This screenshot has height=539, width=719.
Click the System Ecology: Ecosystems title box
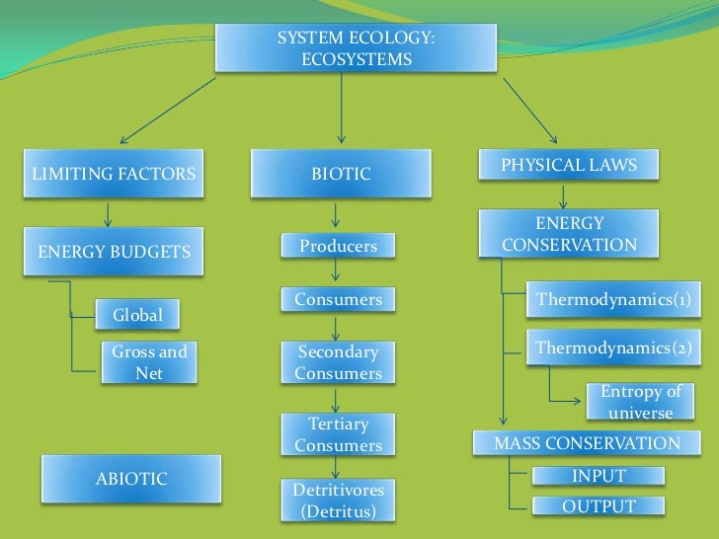(342, 48)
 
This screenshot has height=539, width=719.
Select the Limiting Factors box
(115, 175)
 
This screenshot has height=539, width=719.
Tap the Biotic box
(341, 174)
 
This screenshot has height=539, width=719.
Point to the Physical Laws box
(569, 165)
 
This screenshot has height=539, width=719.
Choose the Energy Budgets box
(115, 252)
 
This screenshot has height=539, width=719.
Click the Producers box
(338, 246)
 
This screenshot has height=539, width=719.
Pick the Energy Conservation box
(569, 234)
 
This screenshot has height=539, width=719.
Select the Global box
(138, 316)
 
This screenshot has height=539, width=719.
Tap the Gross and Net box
(149, 362)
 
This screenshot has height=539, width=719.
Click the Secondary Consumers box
(338, 362)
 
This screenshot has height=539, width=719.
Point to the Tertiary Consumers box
(338, 434)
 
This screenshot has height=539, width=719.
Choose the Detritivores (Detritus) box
(338, 500)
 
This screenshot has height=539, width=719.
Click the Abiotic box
(131, 480)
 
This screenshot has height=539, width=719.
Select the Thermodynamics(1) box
(612, 299)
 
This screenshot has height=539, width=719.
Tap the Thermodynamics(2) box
(612, 347)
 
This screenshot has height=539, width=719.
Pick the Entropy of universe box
(641, 402)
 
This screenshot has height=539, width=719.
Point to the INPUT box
(599, 476)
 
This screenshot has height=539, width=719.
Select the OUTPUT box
(599, 506)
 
